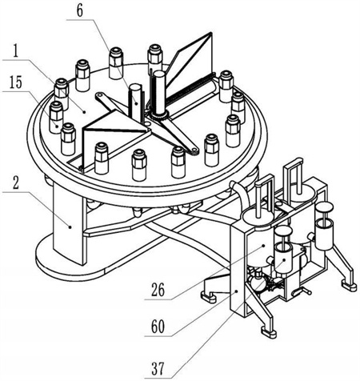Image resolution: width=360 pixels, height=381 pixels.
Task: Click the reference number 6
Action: pos(80,11)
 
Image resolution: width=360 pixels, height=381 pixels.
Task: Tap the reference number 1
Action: pos(16,51)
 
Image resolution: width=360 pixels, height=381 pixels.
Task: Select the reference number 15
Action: pos(15,82)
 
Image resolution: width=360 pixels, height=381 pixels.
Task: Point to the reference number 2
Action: pos(16,182)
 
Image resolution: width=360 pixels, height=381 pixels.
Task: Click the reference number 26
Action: pos(158,291)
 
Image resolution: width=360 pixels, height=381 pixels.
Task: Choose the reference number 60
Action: pos(158,327)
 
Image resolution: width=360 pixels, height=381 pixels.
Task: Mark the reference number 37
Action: pos(158,369)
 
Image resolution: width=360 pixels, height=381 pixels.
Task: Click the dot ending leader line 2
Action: pos(70,227)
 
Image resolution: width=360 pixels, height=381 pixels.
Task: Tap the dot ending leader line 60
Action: pos(237,292)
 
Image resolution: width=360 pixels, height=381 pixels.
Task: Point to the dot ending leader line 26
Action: pos(263,245)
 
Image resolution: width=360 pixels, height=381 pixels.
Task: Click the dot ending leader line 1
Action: pos(85,112)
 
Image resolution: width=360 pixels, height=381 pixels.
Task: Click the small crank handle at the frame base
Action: pos(302,292)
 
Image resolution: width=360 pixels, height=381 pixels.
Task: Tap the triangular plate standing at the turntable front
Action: pos(114,136)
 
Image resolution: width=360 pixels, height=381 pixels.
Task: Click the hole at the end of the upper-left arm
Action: pos(99,95)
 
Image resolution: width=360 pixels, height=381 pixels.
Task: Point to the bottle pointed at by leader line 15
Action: pos(56,118)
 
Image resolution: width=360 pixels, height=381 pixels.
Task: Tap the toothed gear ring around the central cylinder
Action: pos(159,115)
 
